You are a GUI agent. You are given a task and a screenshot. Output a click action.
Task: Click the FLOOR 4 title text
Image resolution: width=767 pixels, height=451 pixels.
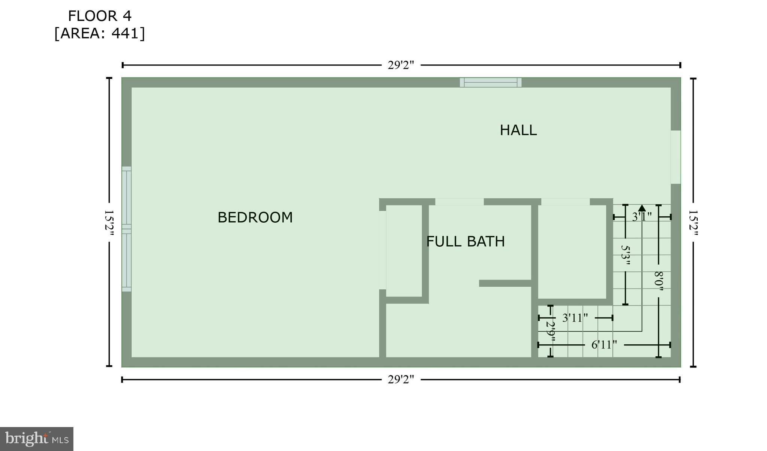click(x=100, y=16)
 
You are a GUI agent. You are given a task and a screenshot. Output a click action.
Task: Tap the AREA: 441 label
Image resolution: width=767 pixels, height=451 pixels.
click(x=100, y=34)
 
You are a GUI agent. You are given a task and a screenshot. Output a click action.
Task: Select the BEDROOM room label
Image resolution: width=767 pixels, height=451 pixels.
click(x=255, y=217)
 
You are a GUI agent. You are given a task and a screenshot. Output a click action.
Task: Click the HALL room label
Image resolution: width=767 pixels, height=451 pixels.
click(x=518, y=130)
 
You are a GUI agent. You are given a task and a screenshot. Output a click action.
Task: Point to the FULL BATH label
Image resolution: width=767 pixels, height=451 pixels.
click(x=466, y=242)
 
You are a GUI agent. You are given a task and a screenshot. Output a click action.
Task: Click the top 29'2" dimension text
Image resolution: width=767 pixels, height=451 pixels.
click(x=401, y=65)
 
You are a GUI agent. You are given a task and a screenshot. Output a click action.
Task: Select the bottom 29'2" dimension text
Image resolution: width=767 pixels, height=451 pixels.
click(x=401, y=380)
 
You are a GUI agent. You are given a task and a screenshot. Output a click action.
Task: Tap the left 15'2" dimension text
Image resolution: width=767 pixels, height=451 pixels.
click(x=109, y=222)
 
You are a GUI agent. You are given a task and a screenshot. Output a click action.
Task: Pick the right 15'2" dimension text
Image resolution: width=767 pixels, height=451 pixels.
click(x=693, y=222)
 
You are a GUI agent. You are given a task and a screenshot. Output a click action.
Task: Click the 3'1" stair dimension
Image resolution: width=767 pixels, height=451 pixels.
click(x=642, y=217)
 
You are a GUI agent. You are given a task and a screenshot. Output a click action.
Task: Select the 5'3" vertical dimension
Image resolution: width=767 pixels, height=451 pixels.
click(x=625, y=255)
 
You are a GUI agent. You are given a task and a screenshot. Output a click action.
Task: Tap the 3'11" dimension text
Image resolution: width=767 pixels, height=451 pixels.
click(x=575, y=318)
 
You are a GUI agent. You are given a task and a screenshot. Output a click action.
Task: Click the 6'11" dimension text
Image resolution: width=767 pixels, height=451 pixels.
click(x=604, y=345)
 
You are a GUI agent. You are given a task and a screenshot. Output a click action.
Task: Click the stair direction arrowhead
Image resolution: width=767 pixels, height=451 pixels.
click(x=642, y=208)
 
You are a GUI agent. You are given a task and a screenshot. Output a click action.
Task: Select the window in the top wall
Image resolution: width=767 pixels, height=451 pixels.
click(x=491, y=82)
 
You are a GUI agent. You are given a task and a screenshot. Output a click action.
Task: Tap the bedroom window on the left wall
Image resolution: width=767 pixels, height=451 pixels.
click(x=127, y=229)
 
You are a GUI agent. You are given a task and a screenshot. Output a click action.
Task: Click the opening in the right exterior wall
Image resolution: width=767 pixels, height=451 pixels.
click(x=675, y=157)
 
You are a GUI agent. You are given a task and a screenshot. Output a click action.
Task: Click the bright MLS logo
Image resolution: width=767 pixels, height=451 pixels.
click(x=37, y=439)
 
